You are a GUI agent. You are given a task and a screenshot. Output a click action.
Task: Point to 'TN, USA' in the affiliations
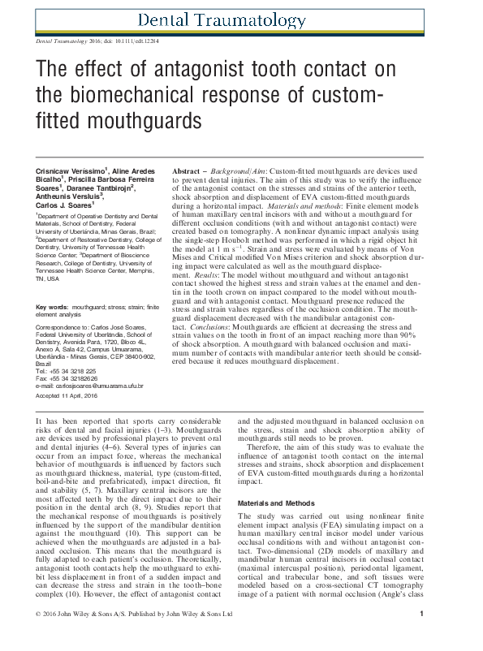coord(49,278)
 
